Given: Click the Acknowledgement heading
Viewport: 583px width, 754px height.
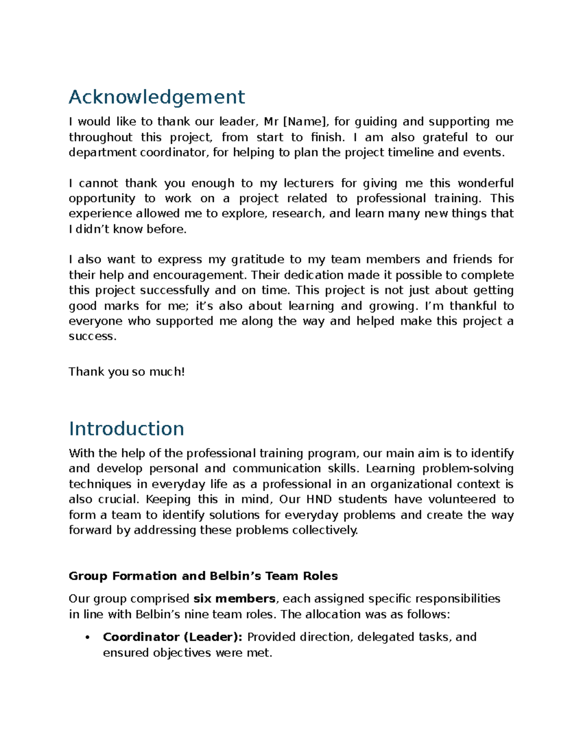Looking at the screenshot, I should click(156, 97).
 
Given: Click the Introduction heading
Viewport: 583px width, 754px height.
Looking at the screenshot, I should click(126, 429).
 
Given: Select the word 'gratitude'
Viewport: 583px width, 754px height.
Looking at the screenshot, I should click(257, 260).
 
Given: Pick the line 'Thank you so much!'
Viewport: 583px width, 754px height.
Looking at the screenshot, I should click(127, 372).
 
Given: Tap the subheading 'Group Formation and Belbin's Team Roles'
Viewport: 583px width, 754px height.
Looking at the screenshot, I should click(203, 576).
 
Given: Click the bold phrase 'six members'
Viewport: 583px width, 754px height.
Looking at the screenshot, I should click(234, 599).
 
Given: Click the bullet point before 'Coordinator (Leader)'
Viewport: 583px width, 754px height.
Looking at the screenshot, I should click(87, 637).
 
